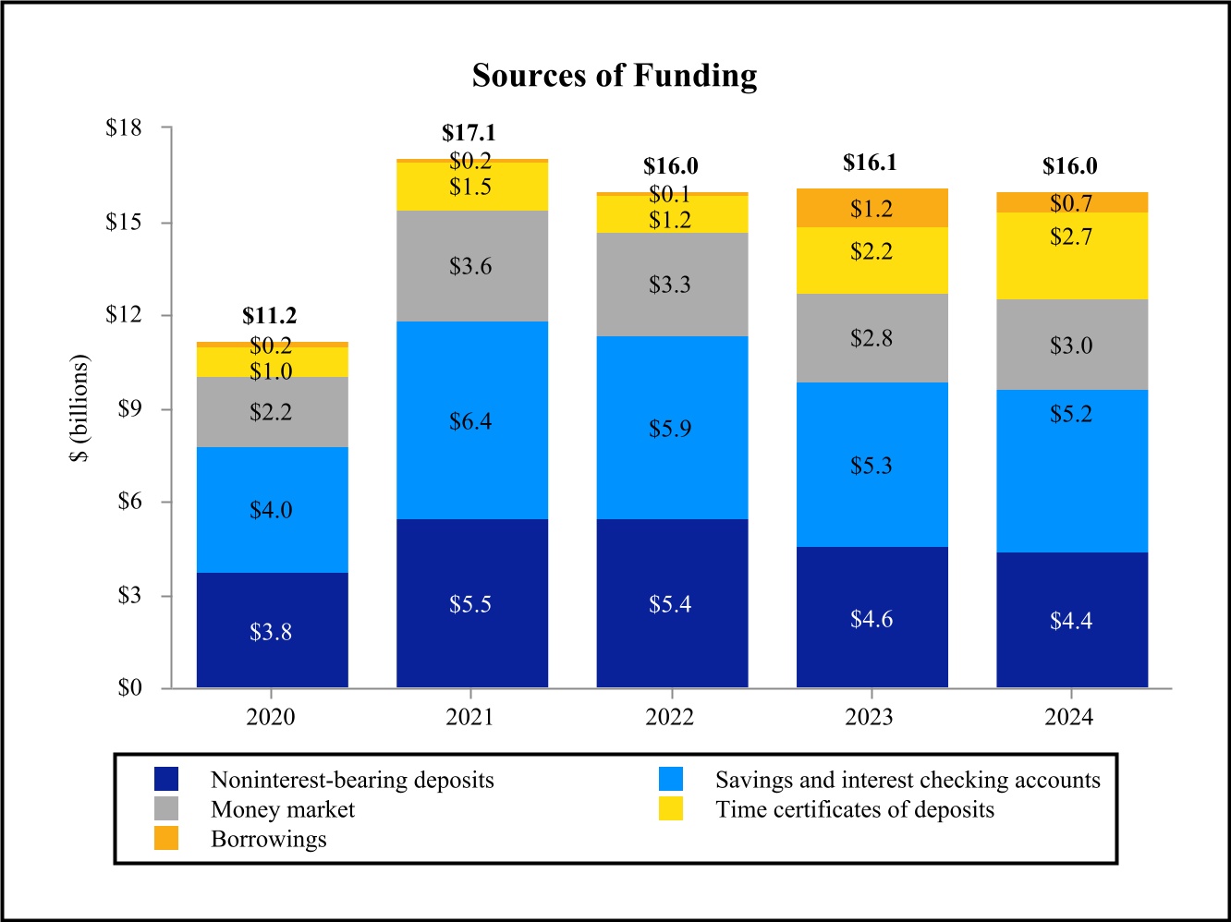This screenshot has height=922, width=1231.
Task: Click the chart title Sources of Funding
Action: point(615,76)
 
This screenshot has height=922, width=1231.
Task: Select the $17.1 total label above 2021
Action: point(469,133)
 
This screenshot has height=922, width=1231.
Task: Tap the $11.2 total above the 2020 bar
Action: point(270,316)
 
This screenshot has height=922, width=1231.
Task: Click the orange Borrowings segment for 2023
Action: point(871,208)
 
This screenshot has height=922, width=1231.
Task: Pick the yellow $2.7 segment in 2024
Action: point(1071,257)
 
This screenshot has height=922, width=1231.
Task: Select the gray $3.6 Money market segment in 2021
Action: point(470,266)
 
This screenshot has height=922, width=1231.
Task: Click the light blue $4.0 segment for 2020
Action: point(271,510)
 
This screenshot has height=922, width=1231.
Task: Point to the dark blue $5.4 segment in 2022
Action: point(670,604)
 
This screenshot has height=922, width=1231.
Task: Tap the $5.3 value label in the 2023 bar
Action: point(871,466)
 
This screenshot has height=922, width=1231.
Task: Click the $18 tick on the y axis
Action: point(125,128)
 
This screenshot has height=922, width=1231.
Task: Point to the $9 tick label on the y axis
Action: point(129,409)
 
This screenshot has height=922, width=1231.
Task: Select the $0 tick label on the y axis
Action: point(129,688)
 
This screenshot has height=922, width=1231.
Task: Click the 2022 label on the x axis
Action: point(670,718)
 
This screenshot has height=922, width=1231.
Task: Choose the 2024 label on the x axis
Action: point(1069,718)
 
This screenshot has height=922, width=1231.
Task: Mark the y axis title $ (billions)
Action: point(80,408)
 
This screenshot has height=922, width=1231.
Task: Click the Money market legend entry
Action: point(283,810)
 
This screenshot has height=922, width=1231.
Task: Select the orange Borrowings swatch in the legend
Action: point(166,839)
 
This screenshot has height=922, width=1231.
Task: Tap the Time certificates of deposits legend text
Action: point(855,810)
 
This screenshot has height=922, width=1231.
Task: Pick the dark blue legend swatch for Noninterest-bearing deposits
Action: point(166,780)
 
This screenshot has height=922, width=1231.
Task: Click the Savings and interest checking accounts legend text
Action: point(908,781)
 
